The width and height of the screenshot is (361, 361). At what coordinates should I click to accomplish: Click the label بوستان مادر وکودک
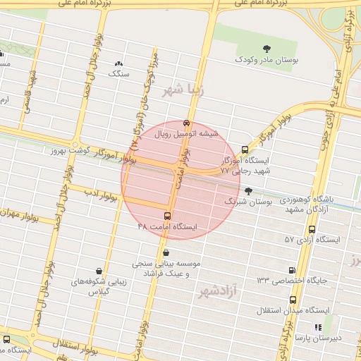(268, 61)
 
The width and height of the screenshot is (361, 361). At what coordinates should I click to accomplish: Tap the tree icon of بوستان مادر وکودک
(267, 48)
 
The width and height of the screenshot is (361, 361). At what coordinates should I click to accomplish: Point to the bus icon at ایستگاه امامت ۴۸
(167, 215)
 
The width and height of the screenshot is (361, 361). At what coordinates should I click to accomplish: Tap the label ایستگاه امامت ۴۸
(169, 227)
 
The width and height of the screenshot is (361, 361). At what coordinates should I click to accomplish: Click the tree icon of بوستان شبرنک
(247, 190)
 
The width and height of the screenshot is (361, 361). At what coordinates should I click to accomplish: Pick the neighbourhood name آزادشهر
(219, 290)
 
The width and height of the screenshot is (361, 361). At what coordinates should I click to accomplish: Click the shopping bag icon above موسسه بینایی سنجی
(165, 252)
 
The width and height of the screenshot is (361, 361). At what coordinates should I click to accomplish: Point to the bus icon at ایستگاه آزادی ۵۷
(312, 228)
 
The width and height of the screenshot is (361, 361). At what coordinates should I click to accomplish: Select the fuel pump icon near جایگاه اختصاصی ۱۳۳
(291, 269)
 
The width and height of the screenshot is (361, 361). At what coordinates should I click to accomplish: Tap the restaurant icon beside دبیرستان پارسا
(317, 327)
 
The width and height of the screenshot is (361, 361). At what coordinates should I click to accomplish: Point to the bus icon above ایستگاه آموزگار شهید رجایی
(245, 149)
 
